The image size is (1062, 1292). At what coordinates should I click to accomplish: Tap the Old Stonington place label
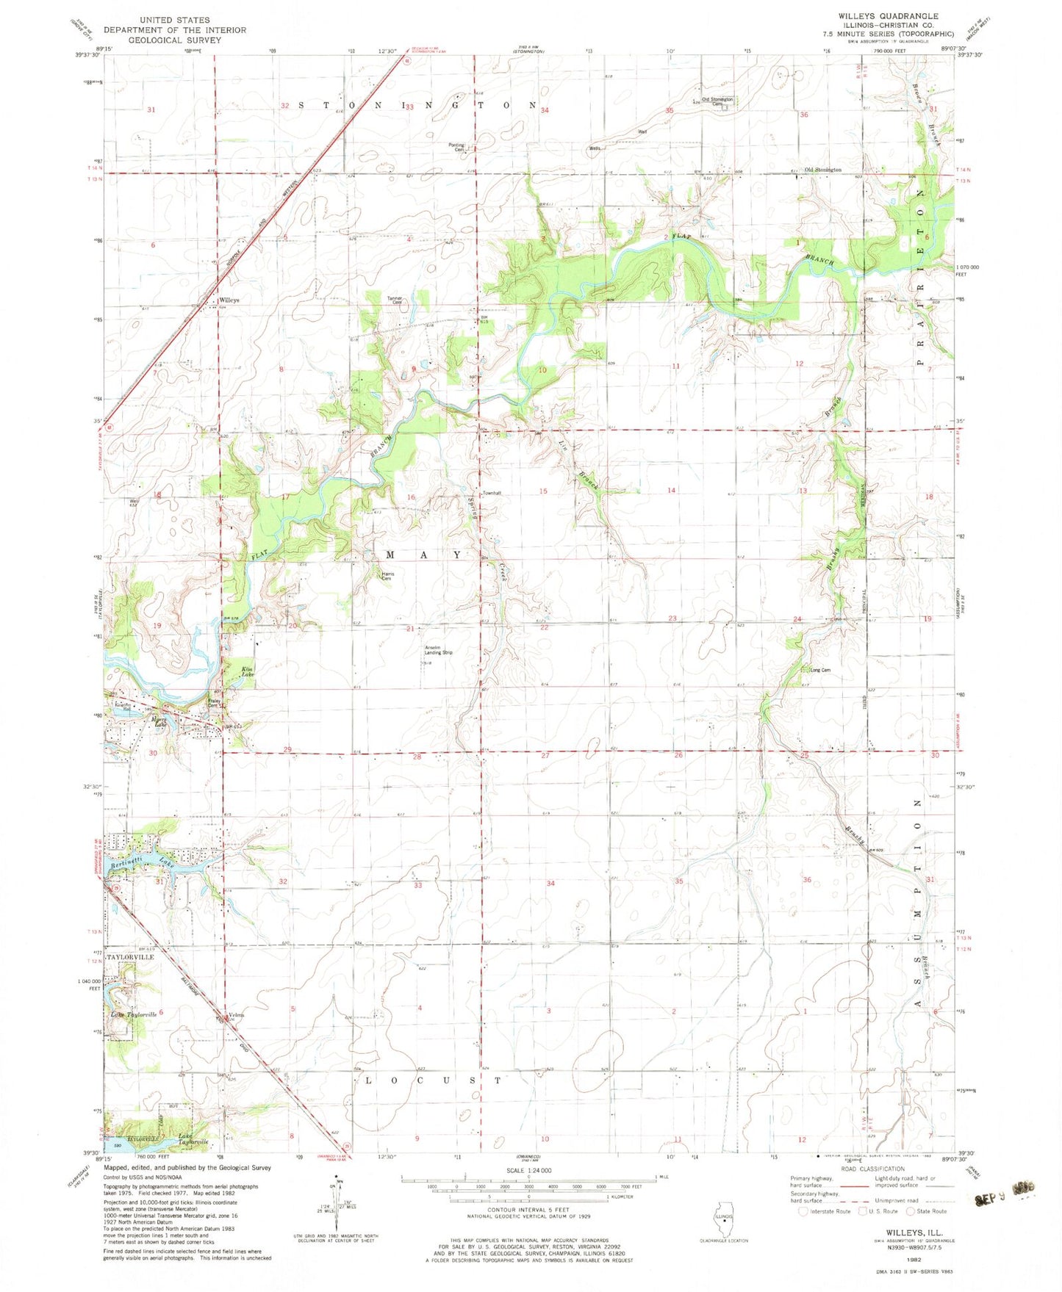(x=822, y=170)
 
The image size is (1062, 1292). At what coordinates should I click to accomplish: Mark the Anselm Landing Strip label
(x=439, y=650)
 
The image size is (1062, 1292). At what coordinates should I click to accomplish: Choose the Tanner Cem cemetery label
(x=395, y=300)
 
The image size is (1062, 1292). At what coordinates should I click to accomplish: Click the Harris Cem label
(x=387, y=576)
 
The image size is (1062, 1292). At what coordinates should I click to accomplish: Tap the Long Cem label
(x=819, y=670)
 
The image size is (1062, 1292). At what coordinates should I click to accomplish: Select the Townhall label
(x=491, y=493)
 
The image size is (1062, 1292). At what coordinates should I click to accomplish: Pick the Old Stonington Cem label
(x=717, y=101)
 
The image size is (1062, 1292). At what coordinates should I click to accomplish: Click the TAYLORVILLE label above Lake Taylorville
(x=131, y=958)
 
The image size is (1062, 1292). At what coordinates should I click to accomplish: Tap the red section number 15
(x=543, y=491)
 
